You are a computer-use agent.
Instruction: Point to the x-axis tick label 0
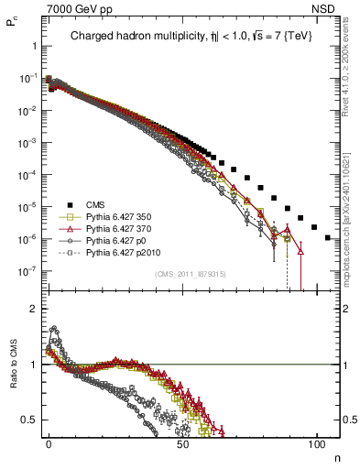49,442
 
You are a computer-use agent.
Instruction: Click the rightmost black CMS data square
328,237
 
